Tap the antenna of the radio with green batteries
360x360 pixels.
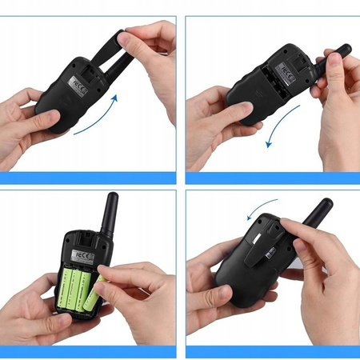pyautogui.click(x=110, y=212)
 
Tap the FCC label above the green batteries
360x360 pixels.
pyautogui.click(x=81, y=255)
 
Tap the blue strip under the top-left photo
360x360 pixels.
pyautogui.click(x=88, y=177)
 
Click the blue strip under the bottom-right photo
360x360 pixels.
pyautogui.click(x=272, y=351)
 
